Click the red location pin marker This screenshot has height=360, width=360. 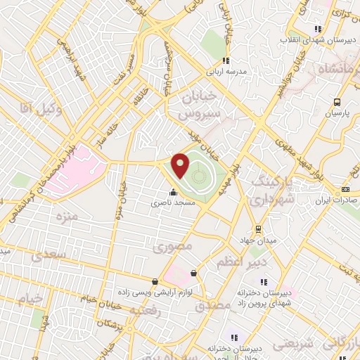click(x=181, y=165)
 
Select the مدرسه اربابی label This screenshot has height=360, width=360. click(x=225, y=71)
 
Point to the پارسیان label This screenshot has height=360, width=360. click(x=337, y=112)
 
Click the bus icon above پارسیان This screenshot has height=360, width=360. click(x=337, y=101)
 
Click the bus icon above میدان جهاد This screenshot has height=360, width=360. click(x=259, y=229)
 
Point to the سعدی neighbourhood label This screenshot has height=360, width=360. click(x=53, y=253)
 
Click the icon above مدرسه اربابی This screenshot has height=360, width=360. click(x=225, y=60)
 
